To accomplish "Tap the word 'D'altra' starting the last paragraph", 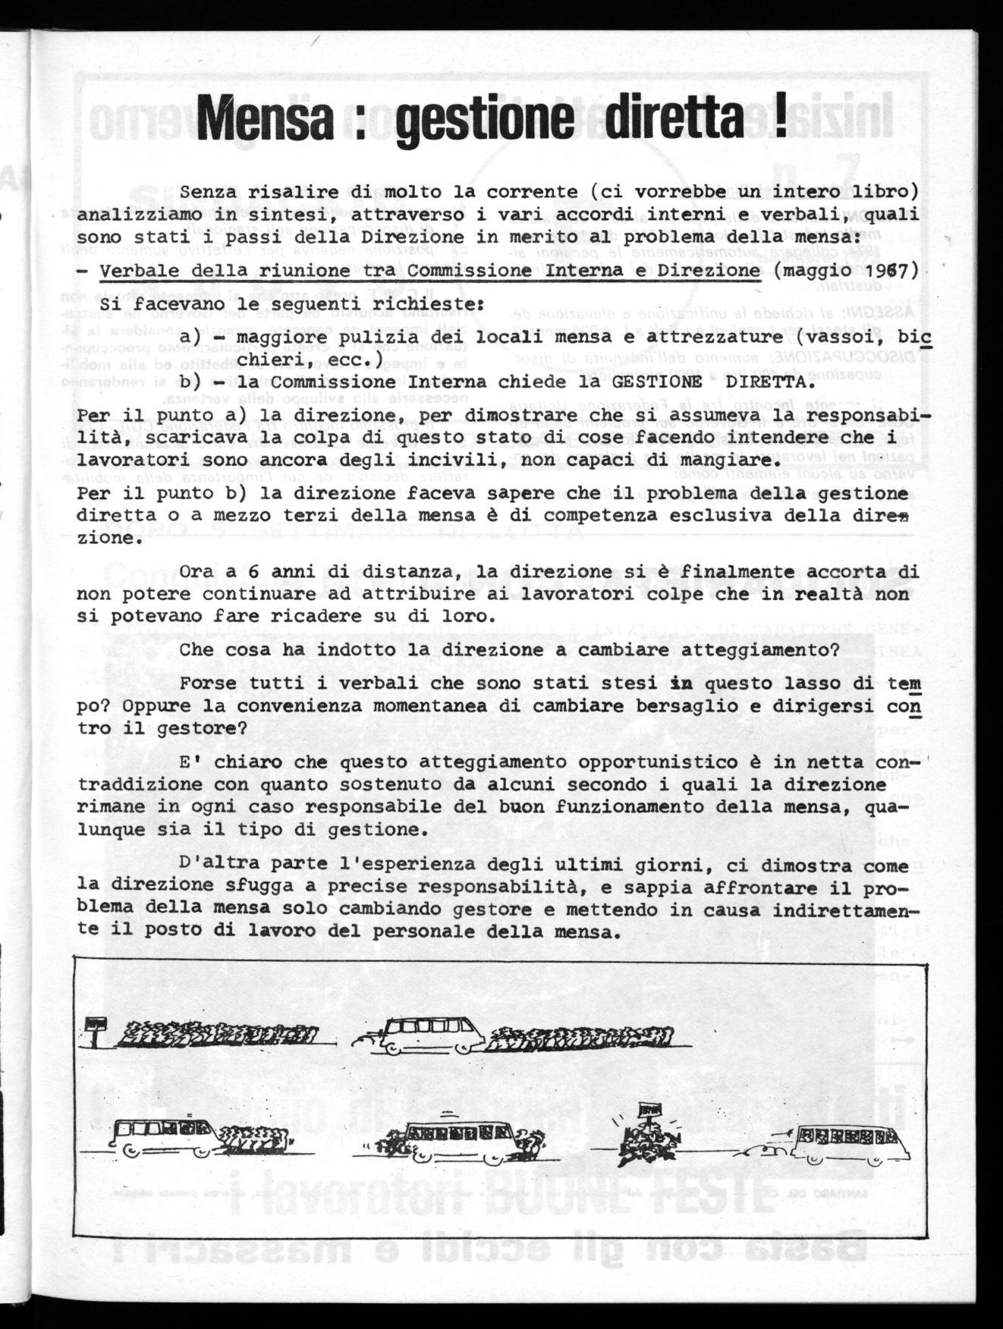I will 213,865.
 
